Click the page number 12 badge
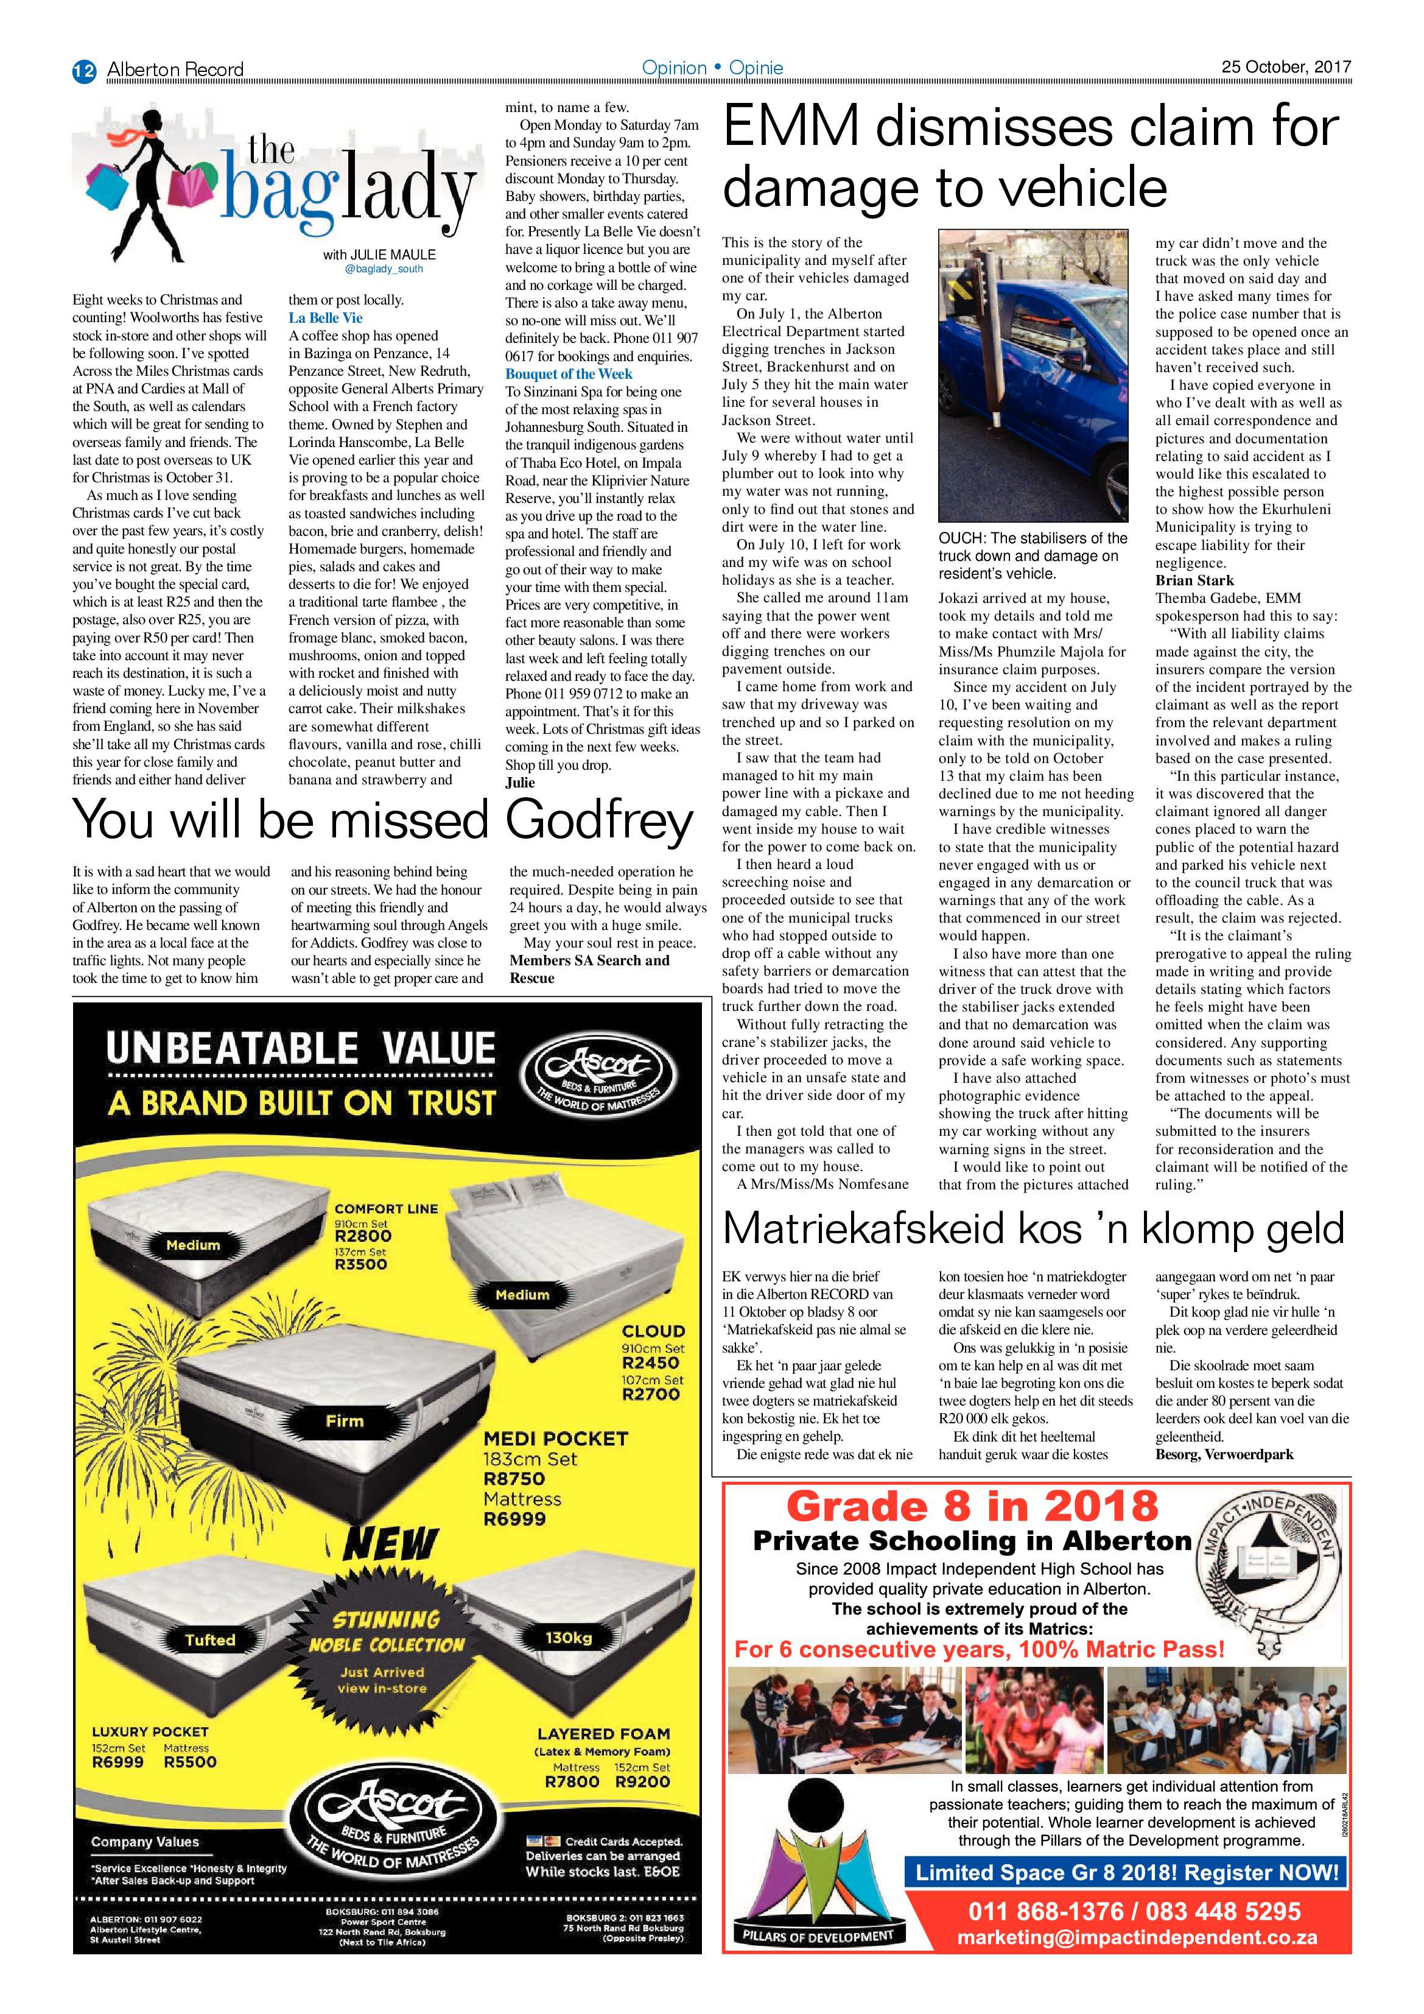tap(83, 70)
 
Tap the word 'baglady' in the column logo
tap(346, 189)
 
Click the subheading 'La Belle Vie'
tap(325, 317)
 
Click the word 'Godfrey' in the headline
tap(600, 821)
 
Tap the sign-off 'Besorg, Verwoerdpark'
tap(1224, 1454)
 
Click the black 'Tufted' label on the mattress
tap(211, 1639)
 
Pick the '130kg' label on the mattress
tap(568, 1638)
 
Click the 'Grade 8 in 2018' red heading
tap(972, 1506)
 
